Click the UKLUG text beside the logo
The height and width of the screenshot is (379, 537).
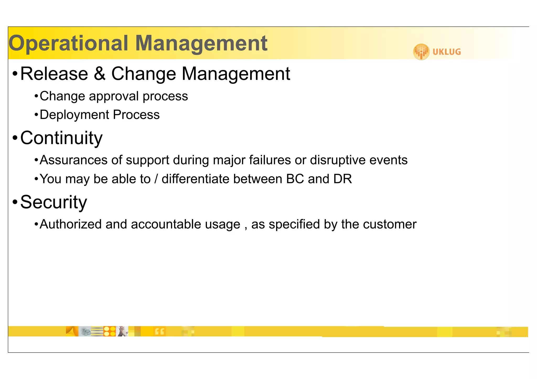[447, 52]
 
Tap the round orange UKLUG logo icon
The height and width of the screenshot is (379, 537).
[421, 52]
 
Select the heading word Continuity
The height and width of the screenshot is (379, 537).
[61, 138]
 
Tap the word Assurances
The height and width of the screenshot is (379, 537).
[74, 160]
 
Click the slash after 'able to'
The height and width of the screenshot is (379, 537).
[156, 179]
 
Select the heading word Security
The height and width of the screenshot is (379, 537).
[53, 202]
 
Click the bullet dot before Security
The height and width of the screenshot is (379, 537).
[15, 202]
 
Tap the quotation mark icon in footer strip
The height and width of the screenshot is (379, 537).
[160, 332]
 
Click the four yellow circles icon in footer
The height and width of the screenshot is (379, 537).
[110, 331]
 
